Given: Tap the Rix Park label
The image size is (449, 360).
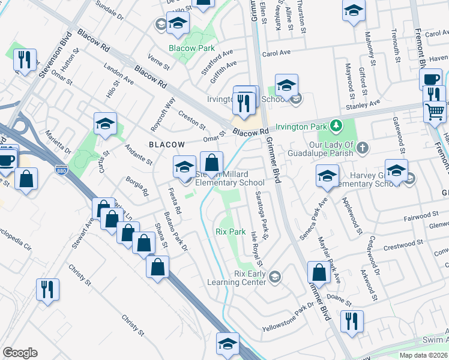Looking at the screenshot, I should coord(231,231).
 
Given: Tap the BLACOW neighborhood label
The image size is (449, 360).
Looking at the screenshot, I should coord(167,145).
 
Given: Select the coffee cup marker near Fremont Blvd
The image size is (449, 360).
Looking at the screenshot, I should coord(430,80).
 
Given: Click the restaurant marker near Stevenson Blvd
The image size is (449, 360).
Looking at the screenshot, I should coord(25,60).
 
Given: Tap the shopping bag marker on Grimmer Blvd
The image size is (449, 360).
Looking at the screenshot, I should coord(319,272).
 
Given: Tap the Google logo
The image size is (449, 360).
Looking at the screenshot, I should coord(20,353).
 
